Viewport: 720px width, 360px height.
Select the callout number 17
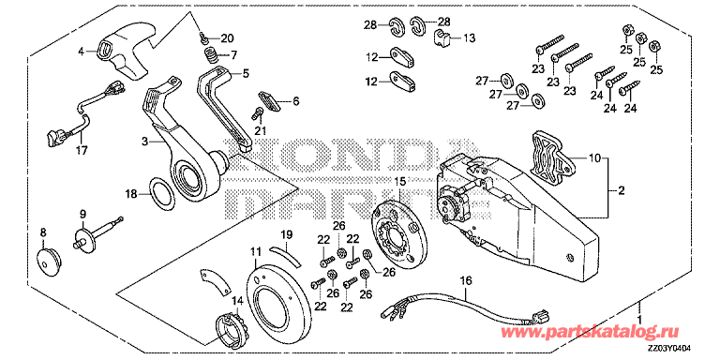pos(81,149)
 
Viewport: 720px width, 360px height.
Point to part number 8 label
pos(43,232)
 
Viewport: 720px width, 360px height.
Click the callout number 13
pos(470,37)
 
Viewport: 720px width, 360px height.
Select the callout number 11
pos(255,252)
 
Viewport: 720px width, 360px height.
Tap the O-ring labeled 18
pos(162,194)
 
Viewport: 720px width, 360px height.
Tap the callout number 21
pos(261,129)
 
